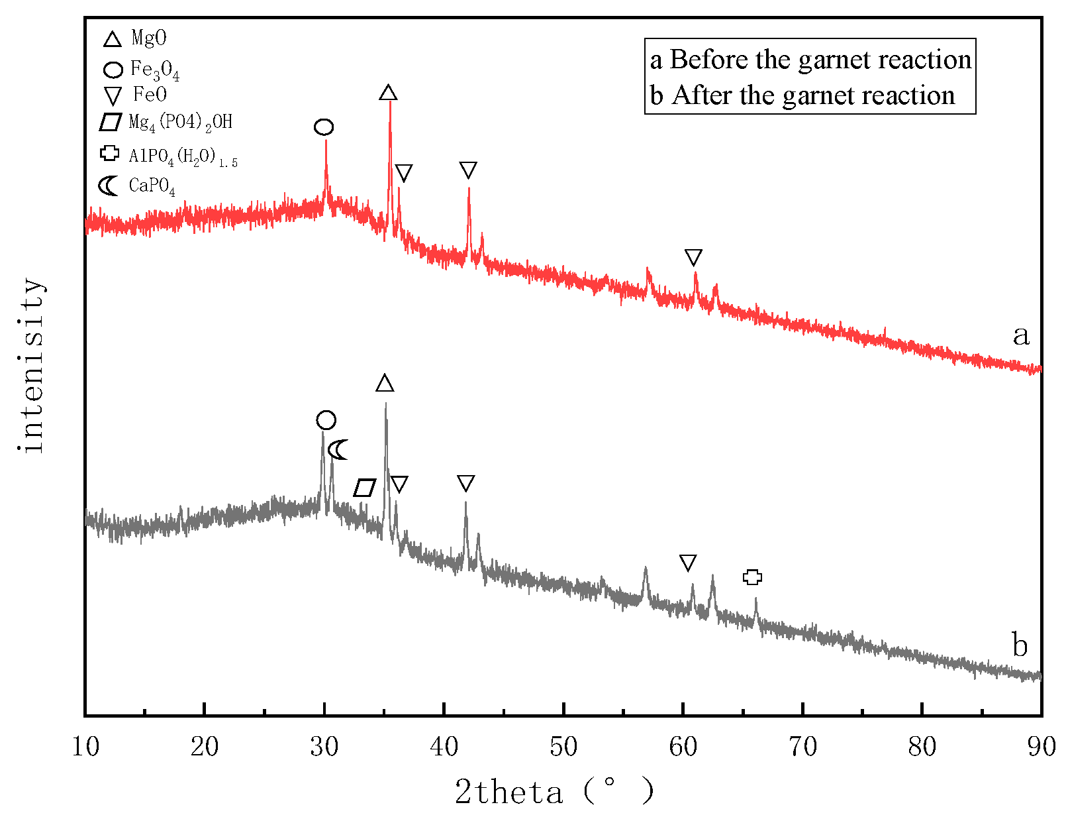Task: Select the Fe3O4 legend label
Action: click(x=154, y=70)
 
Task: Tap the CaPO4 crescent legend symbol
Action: click(x=108, y=186)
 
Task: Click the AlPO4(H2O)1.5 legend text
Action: click(x=183, y=157)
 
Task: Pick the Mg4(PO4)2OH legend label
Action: click(x=180, y=123)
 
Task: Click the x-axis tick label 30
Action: click(x=324, y=747)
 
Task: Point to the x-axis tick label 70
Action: click(x=802, y=747)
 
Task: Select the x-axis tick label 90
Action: click(x=1041, y=747)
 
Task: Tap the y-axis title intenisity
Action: click(x=32, y=366)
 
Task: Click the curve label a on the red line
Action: click(x=1020, y=335)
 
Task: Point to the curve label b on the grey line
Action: click(x=1020, y=645)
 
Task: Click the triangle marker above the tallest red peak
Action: click(x=388, y=92)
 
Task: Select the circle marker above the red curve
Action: click(x=324, y=127)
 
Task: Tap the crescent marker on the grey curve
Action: click(x=338, y=450)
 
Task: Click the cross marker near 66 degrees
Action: click(x=752, y=577)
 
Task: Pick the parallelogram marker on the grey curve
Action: click(x=365, y=488)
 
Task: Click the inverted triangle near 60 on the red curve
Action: click(x=693, y=257)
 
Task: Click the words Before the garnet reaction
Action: click(x=820, y=60)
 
